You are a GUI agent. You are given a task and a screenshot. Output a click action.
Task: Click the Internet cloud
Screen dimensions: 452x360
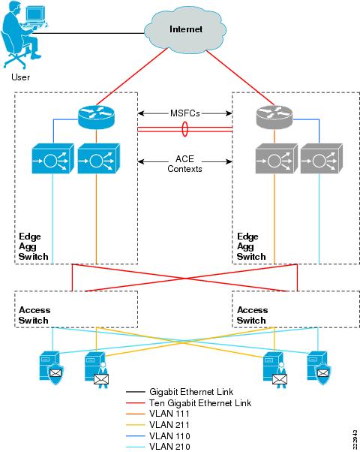(185, 29)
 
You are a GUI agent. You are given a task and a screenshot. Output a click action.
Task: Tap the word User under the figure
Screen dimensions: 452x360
(22, 77)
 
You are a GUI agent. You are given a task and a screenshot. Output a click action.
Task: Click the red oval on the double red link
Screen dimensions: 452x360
(184, 129)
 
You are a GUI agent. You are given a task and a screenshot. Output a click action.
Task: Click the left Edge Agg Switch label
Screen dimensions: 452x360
(34, 246)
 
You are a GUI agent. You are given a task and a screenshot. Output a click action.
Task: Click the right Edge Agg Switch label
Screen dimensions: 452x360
(251, 246)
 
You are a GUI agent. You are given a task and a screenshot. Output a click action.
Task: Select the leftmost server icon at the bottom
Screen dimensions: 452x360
(51, 366)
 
